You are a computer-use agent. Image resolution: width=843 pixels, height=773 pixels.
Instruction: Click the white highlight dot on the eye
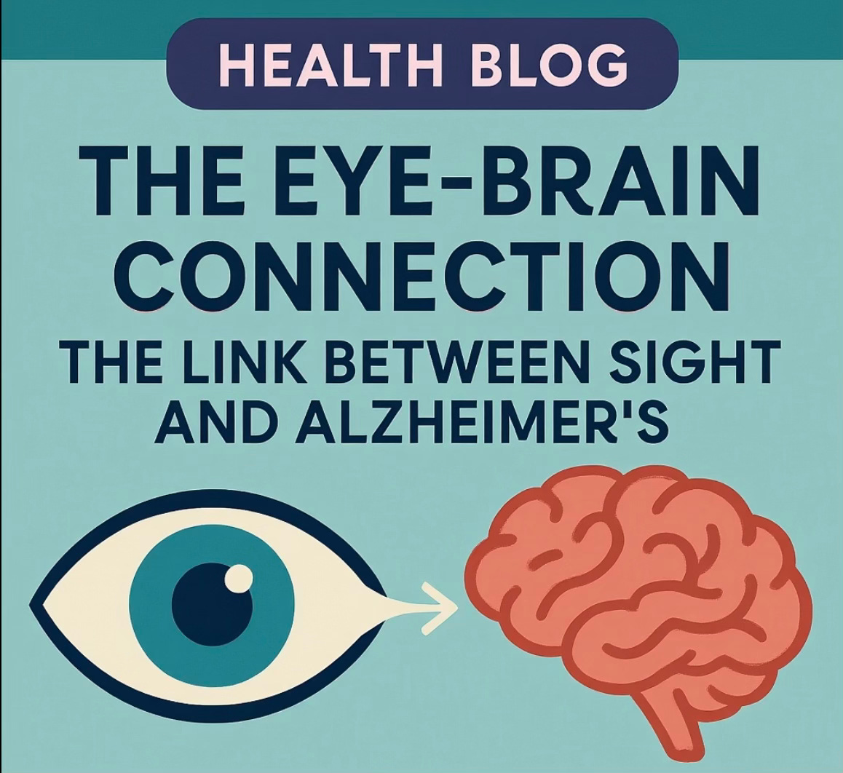coord(238,579)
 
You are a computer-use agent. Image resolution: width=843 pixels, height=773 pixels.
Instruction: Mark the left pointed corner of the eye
coord(36,605)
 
